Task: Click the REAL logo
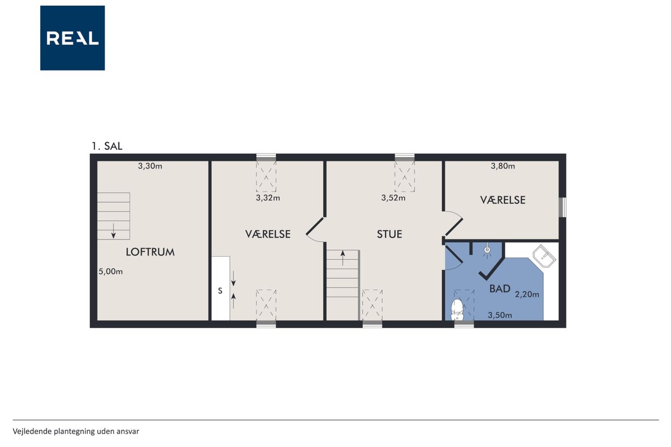72,38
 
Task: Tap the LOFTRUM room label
150,252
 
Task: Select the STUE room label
389,234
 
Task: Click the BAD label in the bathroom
500,289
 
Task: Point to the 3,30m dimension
150,166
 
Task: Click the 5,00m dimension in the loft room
111,271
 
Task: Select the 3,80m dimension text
503,166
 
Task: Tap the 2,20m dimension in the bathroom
527,295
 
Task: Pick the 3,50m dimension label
500,315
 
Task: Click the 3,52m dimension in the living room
393,198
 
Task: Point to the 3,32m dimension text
268,198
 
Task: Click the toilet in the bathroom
457,310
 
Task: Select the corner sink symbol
544,256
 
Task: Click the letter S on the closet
220,291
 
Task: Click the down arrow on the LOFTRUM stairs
114,231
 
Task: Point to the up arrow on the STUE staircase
343,258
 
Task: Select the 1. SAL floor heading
107,146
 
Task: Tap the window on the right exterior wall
563,207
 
